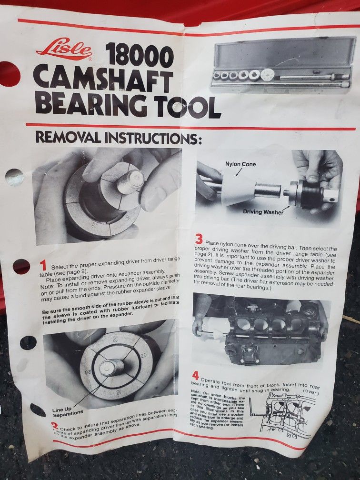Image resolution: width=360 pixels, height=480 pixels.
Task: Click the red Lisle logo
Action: click(64, 50)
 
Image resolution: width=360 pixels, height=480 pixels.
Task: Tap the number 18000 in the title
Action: click(139, 56)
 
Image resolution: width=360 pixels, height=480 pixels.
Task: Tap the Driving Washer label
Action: click(263, 212)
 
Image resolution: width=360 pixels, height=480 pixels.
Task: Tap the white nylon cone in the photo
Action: click(238, 188)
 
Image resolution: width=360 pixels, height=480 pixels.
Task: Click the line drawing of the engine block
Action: click(286, 414)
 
